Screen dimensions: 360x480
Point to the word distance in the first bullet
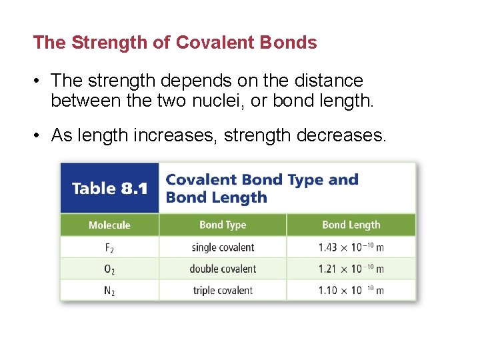tap(328, 81)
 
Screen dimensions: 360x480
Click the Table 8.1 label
tap(109, 189)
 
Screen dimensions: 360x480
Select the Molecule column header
tap(109, 225)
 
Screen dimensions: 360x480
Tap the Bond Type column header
tap(223, 225)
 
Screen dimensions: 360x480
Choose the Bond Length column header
tap(351, 225)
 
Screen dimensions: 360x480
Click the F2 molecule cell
tap(109, 247)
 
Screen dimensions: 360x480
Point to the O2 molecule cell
tap(109, 269)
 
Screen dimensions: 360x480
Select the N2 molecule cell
tap(109, 291)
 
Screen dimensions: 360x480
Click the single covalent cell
tap(223, 247)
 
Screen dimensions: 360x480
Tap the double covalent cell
tap(223, 269)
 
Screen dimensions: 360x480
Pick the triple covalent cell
tap(223, 291)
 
